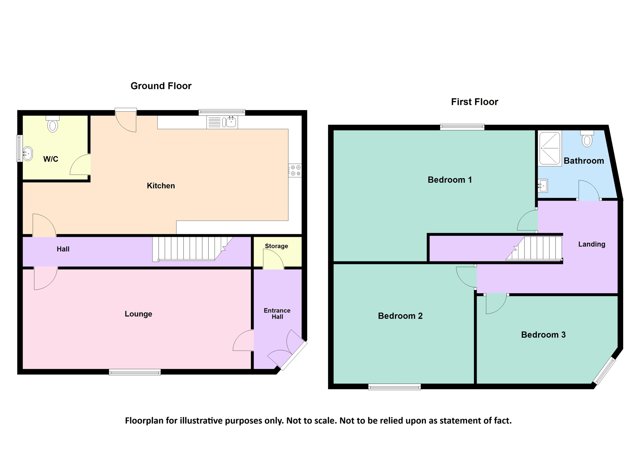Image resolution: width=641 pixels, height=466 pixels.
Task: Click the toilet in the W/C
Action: (53, 124)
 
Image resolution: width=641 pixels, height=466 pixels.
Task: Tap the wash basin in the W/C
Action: (27, 154)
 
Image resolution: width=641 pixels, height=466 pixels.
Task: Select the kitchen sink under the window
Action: (222, 122)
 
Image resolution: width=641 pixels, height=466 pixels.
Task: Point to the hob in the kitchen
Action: (295, 171)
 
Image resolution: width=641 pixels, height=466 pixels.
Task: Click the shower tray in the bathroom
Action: (550, 148)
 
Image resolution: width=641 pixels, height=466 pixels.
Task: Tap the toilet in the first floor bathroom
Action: (587, 139)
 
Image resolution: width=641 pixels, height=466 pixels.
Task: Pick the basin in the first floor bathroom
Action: (543, 186)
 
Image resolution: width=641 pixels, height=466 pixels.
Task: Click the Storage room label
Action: (276, 246)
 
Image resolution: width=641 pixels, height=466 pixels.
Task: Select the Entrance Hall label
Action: (277, 314)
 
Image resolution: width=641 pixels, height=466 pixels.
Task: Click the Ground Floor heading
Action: (161, 86)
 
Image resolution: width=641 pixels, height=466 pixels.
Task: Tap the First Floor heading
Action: (474, 102)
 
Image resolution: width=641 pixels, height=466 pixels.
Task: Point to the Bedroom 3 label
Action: (543, 335)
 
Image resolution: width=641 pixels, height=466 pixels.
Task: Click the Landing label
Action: (592, 244)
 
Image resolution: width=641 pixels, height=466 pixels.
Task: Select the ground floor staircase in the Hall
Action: (192, 249)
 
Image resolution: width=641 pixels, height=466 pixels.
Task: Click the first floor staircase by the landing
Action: (534, 248)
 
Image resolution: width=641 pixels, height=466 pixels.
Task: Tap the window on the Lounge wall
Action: (135, 372)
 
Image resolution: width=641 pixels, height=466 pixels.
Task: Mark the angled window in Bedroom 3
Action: (604, 371)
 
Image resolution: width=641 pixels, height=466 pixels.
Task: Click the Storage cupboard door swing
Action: (273, 259)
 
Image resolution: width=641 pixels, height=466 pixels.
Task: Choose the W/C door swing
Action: (80, 165)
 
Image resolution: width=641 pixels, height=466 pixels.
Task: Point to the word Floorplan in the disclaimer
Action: (144, 421)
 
